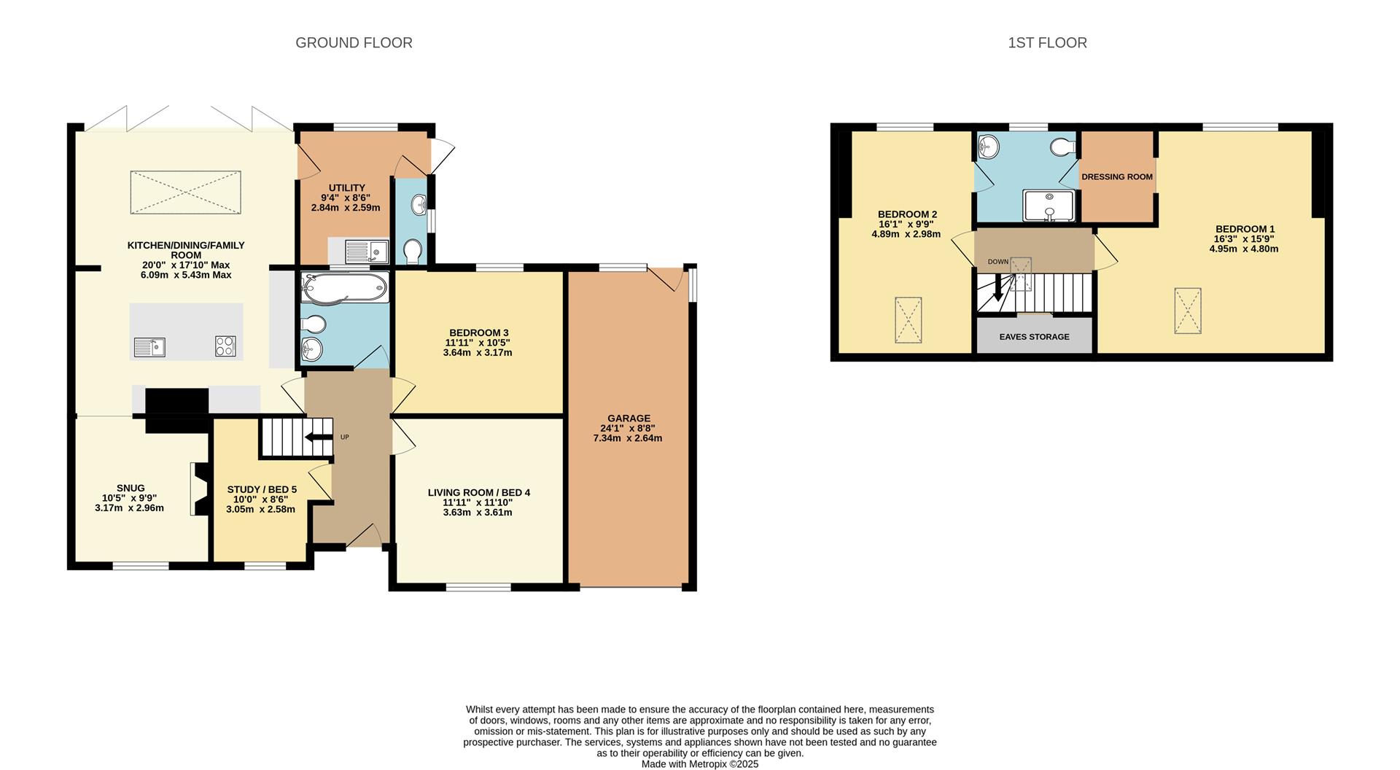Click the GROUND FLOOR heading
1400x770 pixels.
coord(354,43)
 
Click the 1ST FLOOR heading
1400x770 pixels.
coord(1047,43)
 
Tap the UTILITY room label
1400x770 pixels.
coord(346,188)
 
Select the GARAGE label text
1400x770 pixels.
coord(629,419)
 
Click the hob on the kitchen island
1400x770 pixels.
coord(225,346)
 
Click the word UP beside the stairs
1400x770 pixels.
coord(345,437)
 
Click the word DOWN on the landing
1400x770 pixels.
coord(998,262)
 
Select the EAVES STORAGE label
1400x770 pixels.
coord(1034,337)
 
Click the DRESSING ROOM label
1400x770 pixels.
coord(1117,177)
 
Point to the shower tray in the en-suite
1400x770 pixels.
coord(1049,206)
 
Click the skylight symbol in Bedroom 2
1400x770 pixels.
coord(908,319)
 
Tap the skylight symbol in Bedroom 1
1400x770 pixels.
coord(1187,311)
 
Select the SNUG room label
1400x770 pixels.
coord(131,488)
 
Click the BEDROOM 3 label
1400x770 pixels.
coord(478,332)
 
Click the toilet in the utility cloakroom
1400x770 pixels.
coord(413,252)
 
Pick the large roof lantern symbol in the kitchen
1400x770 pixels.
coord(185,192)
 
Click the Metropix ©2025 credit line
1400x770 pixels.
coord(699,764)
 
